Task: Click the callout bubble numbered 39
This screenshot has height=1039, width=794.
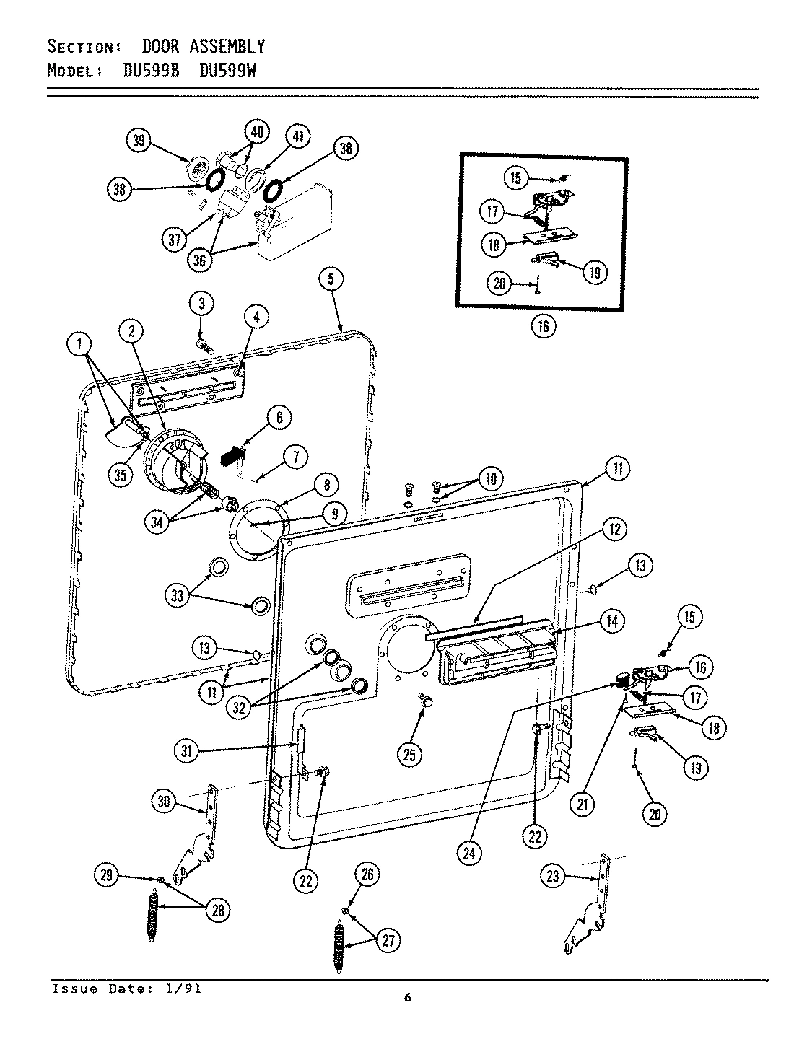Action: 138,141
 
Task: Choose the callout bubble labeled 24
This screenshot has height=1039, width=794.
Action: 471,853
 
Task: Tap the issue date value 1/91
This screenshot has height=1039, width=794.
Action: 186,988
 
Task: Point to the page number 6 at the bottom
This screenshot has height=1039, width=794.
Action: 408,998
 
